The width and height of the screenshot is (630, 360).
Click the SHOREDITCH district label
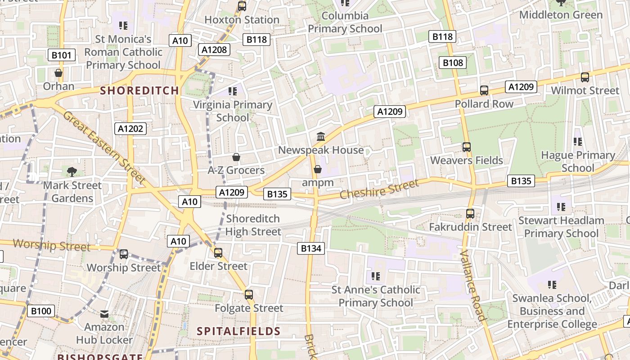click(139, 90)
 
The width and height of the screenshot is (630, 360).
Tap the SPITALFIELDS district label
click(238, 332)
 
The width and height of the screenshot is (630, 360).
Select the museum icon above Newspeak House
click(321, 136)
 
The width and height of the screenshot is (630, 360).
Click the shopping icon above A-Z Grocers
click(236, 157)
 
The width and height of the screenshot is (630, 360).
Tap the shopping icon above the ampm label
click(318, 169)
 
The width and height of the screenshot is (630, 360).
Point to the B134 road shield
click(311, 248)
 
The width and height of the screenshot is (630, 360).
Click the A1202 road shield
click(130, 129)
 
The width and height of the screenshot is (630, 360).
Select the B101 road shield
click(61, 55)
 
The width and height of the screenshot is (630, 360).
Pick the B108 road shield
click(453, 63)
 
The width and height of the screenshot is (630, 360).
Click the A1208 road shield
click(214, 49)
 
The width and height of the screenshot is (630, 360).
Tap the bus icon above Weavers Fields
click(467, 147)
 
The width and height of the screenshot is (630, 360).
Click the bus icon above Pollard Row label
click(484, 90)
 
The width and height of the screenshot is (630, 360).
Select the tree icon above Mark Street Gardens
click(72, 171)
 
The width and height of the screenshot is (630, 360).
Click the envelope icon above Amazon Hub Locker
click(104, 314)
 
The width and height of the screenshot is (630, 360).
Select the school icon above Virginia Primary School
click(233, 91)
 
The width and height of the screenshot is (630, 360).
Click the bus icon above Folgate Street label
click(249, 295)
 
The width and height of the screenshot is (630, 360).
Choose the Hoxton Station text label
click(242, 20)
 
